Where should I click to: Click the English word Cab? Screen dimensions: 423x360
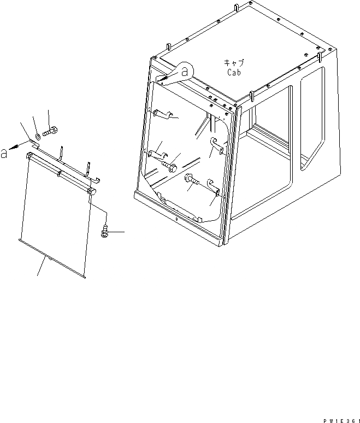coord(234,72)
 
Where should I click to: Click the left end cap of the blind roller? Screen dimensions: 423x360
coord(28,156)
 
